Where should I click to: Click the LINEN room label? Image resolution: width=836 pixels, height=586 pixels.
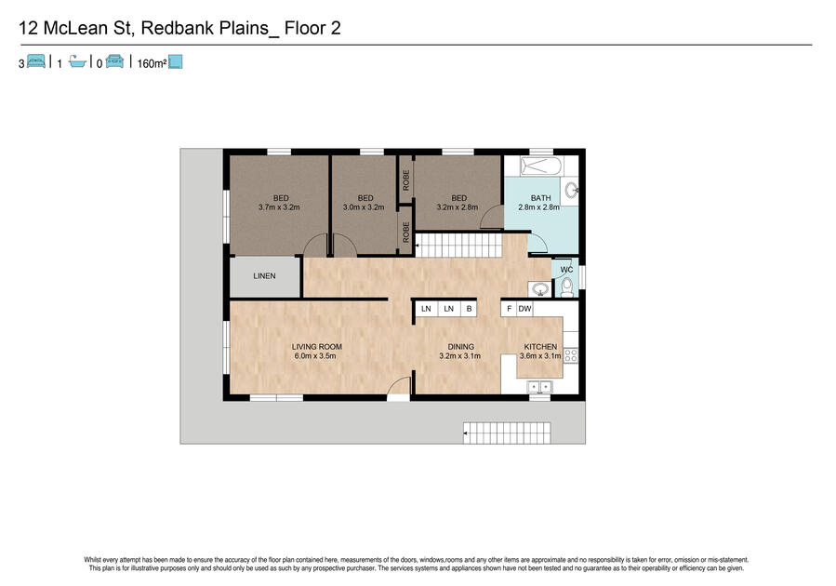coord(264,275)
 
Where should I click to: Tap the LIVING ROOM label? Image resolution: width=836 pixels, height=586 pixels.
coord(317,347)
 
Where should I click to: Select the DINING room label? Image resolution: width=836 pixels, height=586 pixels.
coord(460,347)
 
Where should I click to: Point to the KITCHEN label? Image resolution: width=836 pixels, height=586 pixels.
coord(540,347)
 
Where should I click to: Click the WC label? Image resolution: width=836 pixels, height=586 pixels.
coord(566,270)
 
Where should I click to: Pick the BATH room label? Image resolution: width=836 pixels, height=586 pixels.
coord(540,198)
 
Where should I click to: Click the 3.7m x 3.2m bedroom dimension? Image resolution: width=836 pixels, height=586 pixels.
coord(279,206)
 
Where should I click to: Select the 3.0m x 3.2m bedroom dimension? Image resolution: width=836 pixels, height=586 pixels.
coord(364,206)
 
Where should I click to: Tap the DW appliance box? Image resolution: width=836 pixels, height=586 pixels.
coord(524,309)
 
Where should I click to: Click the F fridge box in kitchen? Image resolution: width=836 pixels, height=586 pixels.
coord(510,309)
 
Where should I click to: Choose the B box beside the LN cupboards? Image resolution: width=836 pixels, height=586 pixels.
coord(470,309)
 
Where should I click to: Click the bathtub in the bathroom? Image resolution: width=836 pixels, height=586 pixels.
coord(541,166)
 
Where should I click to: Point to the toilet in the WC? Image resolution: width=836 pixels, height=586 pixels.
coord(566,288)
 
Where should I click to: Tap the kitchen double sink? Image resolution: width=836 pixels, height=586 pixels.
coord(539,387)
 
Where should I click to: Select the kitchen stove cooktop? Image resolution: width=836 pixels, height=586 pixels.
coord(570,355)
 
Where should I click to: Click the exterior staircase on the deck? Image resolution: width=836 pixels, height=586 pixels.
coord(507,433)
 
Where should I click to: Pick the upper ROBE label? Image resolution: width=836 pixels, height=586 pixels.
coord(406,180)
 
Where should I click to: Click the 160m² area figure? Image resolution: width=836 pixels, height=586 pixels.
coord(152,63)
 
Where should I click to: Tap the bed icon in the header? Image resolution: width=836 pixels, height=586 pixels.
coord(35,61)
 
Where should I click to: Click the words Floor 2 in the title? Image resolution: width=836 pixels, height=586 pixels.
coord(312,28)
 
